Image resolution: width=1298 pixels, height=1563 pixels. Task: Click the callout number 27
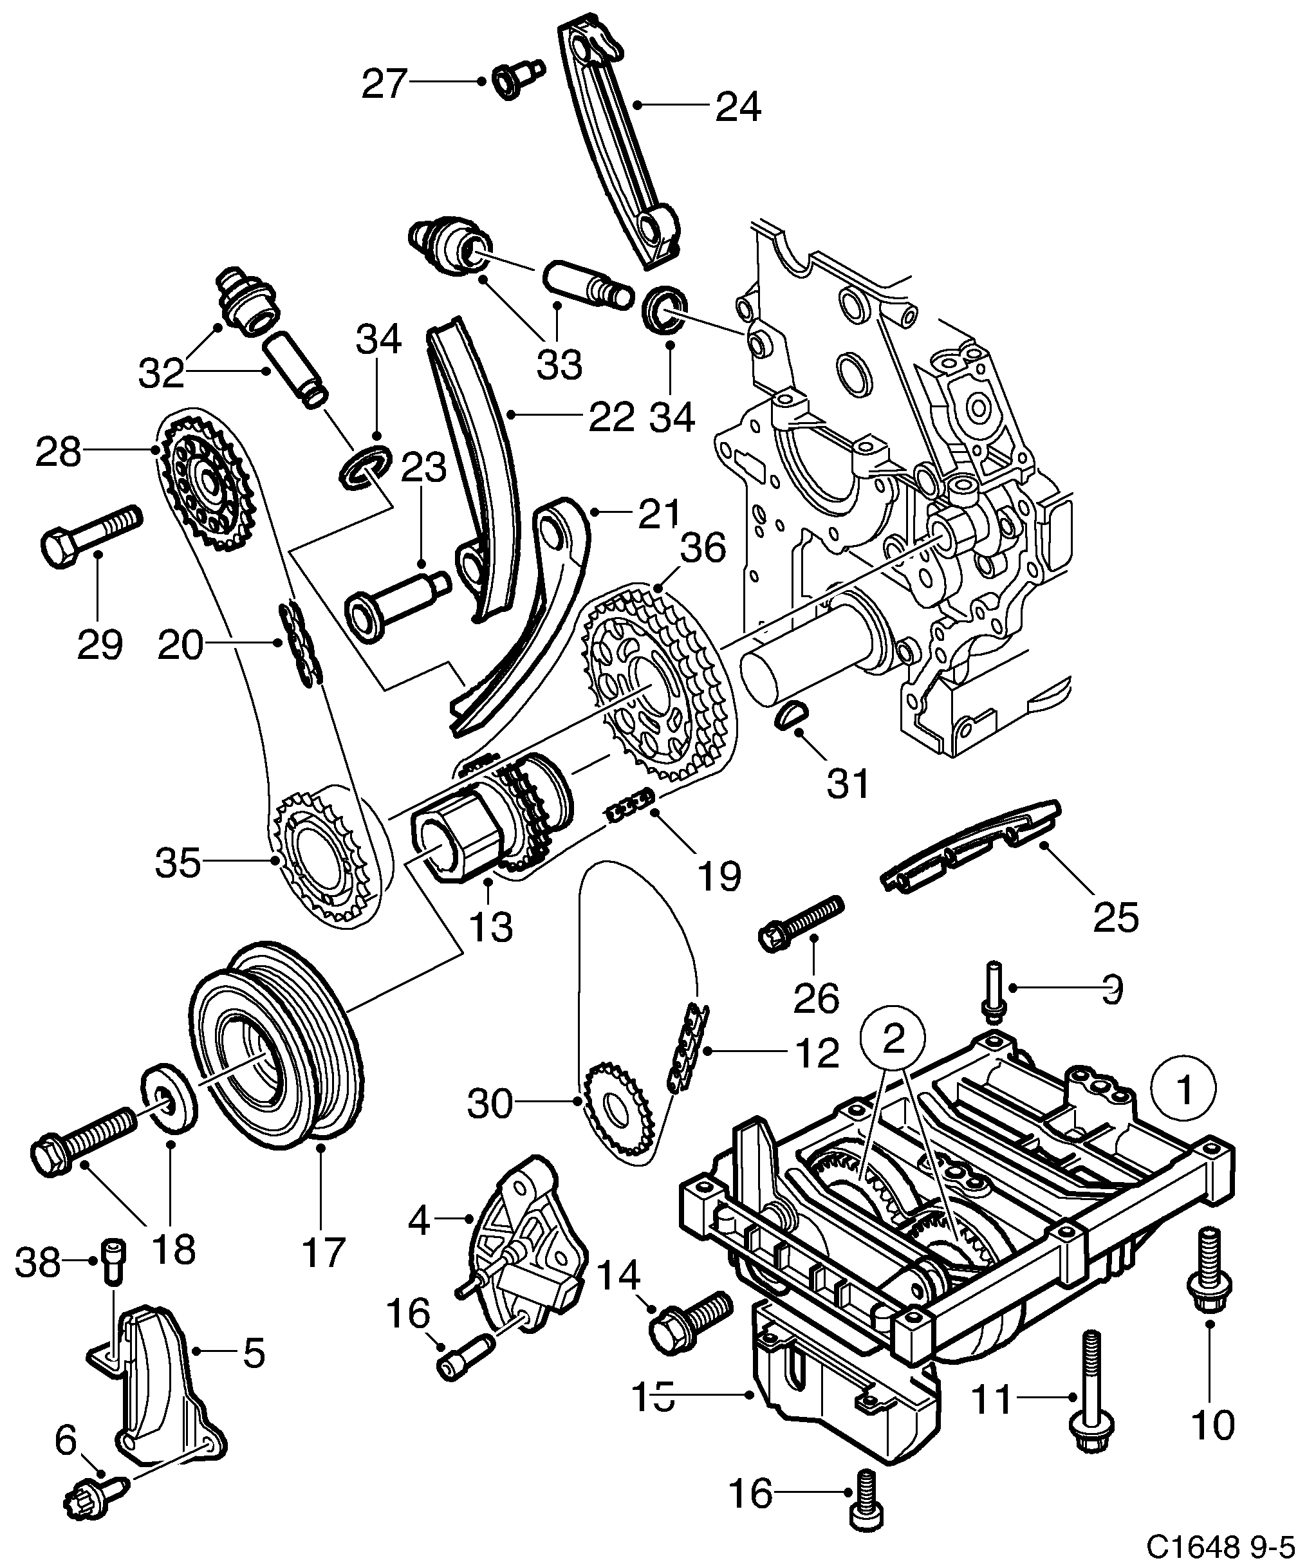point(384,84)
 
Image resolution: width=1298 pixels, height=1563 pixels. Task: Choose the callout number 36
point(703,548)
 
